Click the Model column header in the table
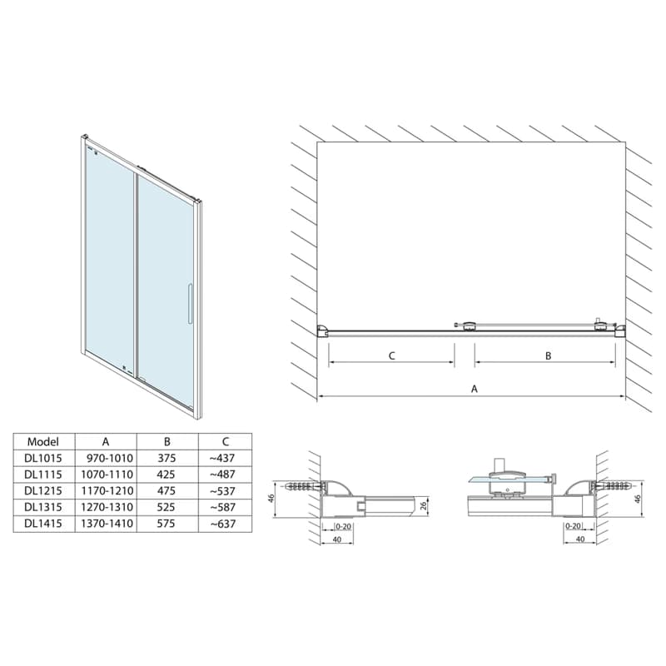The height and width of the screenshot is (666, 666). tap(43, 442)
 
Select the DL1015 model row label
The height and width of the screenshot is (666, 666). tap(43, 458)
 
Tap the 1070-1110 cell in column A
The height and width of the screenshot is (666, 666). tap(107, 474)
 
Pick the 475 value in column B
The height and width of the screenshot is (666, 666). tap(166, 490)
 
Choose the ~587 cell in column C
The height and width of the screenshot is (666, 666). tap(223, 507)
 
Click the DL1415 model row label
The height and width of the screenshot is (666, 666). tap(43, 524)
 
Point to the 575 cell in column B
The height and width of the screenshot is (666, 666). tap(166, 524)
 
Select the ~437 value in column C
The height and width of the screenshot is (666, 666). tap(223, 458)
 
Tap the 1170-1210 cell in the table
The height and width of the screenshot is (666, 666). tap(107, 490)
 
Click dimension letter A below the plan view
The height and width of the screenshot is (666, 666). tap(475, 389)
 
